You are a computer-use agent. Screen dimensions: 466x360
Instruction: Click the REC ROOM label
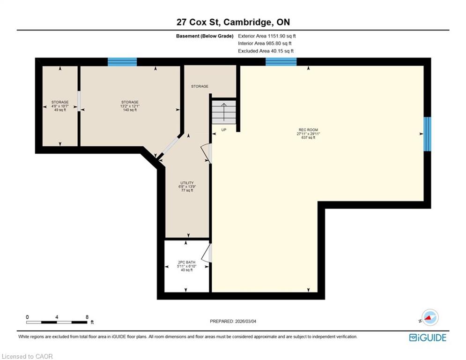tap(308, 134)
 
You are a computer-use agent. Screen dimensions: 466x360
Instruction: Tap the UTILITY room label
tap(187, 187)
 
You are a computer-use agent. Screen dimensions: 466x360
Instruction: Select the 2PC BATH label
tap(187, 266)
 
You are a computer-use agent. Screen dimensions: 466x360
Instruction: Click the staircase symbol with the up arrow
tap(224, 112)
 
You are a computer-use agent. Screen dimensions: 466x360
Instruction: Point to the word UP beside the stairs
tap(224, 130)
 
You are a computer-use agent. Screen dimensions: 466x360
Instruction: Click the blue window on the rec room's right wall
tap(427, 134)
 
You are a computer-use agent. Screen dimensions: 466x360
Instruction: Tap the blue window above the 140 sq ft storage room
tap(122, 62)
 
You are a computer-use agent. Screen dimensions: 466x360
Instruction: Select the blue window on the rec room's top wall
tap(281, 61)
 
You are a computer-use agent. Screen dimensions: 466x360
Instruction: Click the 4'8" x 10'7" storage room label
tap(60, 106)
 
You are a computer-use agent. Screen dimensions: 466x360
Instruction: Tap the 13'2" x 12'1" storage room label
tap(130, 106)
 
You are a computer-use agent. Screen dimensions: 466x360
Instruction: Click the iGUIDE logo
tap(428, 337)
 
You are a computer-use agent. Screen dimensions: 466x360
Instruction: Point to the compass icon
tap(430, 317)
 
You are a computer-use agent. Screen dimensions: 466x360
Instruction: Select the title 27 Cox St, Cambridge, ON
tap(233, 22)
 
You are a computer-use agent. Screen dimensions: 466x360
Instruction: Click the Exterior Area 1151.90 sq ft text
tap(267, 36)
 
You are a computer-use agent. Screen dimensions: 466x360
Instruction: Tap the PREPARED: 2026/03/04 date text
tap(233, 321)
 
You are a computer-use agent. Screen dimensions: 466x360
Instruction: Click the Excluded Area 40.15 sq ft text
tap(266, 51)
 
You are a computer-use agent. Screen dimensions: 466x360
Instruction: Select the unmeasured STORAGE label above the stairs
tap(200, 86)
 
